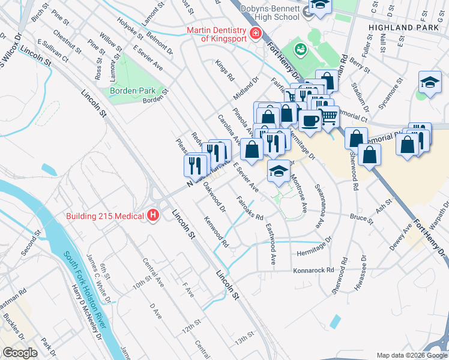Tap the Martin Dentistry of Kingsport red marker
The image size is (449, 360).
point(255,32)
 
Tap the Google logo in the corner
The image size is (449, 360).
point(20,353)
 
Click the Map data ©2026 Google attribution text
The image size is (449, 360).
point(411,355)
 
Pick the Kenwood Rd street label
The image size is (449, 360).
point(215,233)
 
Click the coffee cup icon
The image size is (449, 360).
point(310,120)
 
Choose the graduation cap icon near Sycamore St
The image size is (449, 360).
point(430,83)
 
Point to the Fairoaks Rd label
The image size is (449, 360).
point(250,208)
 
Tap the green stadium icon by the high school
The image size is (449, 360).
point(298,49)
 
